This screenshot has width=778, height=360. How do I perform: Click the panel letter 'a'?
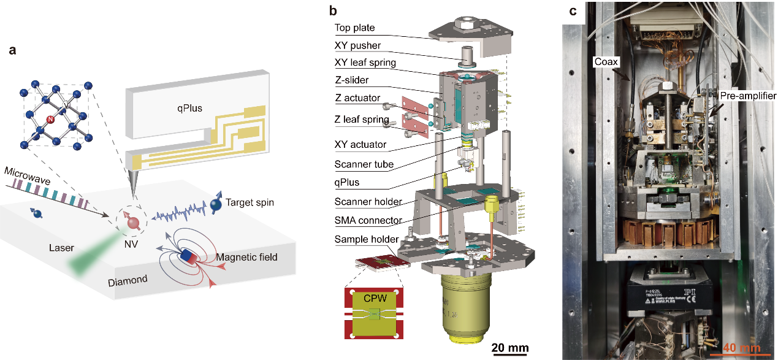click(12, 51)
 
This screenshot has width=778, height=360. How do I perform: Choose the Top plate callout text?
click(354, 28)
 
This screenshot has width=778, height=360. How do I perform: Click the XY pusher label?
click(357, 45)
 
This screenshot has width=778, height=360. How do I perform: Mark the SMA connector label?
click(368, 220)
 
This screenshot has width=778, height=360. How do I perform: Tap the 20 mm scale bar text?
click(509, 348)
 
